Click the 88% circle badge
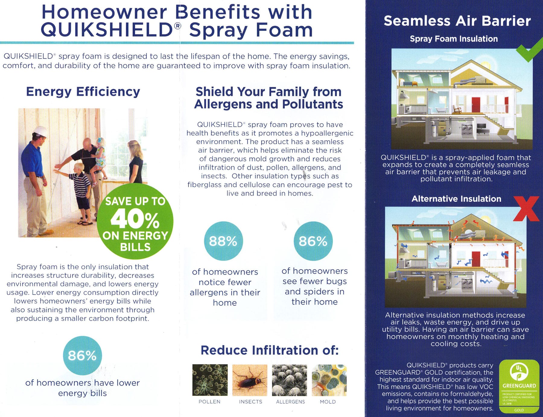[x=223, y=241]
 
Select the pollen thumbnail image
[x=210, y=380]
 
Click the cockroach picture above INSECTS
[x=250, y=380]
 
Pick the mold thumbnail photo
[x=329, y=380]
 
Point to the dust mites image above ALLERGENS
[x=289, y=380]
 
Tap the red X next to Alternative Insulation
[x=526, y=208]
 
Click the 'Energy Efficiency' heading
[x=83, y=92]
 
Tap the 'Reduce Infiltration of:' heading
[x=269, y=350]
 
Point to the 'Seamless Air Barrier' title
[x=457, y=21]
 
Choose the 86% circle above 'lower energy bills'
[x=82, y=355]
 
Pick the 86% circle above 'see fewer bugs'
[x=313, y=241]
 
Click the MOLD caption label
[x=328, y=402]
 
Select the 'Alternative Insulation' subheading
[x=456, y=199]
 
